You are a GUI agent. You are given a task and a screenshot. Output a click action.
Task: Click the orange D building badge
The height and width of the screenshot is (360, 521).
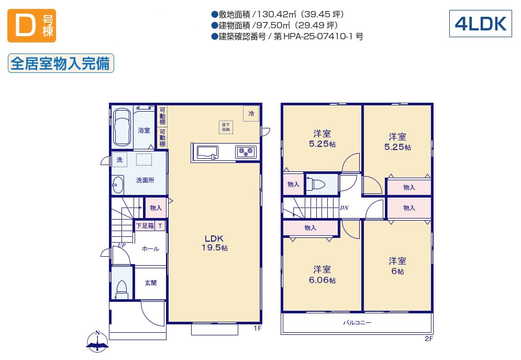click(x=31, y=26)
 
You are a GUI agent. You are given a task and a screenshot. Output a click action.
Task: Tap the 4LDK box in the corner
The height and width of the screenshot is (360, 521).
click(x=481, y=24)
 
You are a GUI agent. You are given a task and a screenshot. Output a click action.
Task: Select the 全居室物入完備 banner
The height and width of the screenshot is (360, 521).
click(x=61, y=63)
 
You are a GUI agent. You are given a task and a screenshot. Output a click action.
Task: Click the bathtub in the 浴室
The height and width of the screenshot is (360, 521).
click(x=122, y=127)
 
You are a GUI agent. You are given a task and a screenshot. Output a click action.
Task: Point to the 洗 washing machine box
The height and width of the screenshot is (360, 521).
click(x=119, y=159)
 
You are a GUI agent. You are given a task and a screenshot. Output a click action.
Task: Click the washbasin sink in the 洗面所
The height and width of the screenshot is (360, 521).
click(x=117, y=185)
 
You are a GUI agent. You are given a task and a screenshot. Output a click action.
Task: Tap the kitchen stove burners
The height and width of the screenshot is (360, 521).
click(x=246, y=152)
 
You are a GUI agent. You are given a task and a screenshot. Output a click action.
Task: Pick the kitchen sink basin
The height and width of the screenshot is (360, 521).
click(x=208, y=152)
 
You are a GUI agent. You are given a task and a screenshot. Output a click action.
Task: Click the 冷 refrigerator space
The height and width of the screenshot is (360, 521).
click(x=251, y=113)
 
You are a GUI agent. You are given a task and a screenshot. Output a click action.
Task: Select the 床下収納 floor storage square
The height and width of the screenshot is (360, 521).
click(x=226, y=127)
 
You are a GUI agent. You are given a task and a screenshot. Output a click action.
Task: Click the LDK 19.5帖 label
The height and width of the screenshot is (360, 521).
click(x=214, y=243)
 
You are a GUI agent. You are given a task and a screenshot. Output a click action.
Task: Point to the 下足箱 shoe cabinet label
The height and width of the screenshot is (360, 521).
click(x=145, y=226)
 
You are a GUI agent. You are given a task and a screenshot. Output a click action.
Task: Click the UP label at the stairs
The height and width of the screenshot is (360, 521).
click(x=121, y=245)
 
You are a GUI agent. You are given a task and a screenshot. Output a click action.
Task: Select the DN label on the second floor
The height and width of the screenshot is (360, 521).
click(x=344, y=208)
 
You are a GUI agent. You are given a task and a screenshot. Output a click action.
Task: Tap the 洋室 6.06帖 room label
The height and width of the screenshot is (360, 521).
click(x=322, y=275)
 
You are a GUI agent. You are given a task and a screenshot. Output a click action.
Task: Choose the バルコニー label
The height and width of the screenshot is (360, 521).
click(x=357, y=322)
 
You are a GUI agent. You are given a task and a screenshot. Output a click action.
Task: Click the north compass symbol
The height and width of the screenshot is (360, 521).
click(x=98, y=341)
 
